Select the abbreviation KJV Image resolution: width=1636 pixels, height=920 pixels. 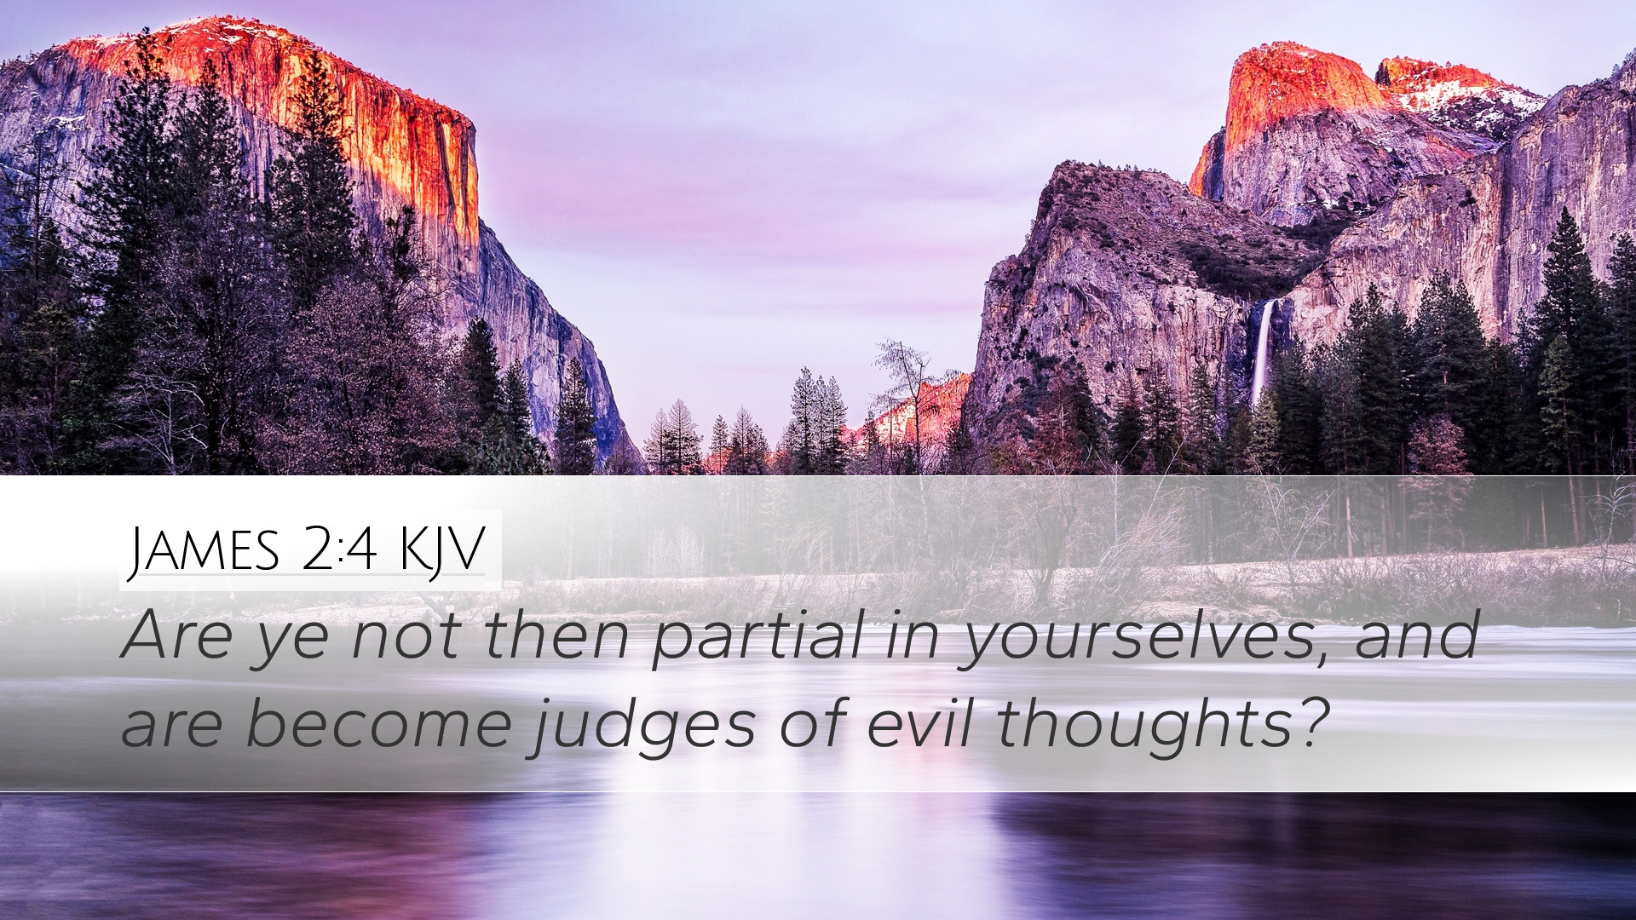pos(441,550)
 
